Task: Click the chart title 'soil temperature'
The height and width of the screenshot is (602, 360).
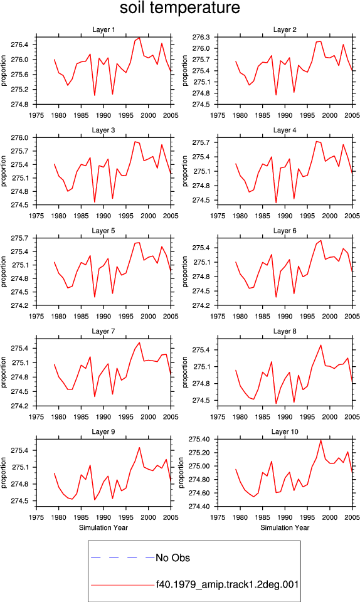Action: pos(180,8)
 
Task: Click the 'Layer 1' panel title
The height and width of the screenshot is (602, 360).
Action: pos(103,29)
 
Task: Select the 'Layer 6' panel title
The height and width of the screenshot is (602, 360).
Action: pos(285,231)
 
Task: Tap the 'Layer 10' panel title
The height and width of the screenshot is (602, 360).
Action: pos(285,432)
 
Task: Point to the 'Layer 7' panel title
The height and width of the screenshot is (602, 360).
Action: pos(103,331)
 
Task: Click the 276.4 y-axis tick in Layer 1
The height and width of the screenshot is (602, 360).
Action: pos(19,45)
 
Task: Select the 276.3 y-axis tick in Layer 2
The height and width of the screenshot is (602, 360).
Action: pos(201,37)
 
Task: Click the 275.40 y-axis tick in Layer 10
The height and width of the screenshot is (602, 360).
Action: pos(199,439)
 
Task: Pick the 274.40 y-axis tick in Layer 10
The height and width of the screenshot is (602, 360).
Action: pos(199,507)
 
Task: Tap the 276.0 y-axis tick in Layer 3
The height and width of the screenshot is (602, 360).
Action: pos(19,137)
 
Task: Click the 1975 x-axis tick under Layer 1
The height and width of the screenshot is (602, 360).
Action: pos(36,115)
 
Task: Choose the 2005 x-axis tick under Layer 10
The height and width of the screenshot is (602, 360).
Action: pos(352,517)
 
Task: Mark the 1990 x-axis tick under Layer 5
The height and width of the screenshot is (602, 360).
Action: pos(103,316)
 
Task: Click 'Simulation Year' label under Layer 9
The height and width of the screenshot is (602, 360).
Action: pos(103,528)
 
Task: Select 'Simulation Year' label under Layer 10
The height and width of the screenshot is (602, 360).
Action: pos(285,528)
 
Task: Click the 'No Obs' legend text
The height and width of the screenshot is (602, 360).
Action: pos(172,558)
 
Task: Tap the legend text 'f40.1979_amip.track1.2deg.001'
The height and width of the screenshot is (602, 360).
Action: pos(227,584)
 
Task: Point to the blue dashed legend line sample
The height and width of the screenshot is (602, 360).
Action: pos(123,557)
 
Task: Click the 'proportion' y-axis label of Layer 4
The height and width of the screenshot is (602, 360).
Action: pos(185,171)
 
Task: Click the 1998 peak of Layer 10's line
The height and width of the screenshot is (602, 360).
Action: pos(321,440)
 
